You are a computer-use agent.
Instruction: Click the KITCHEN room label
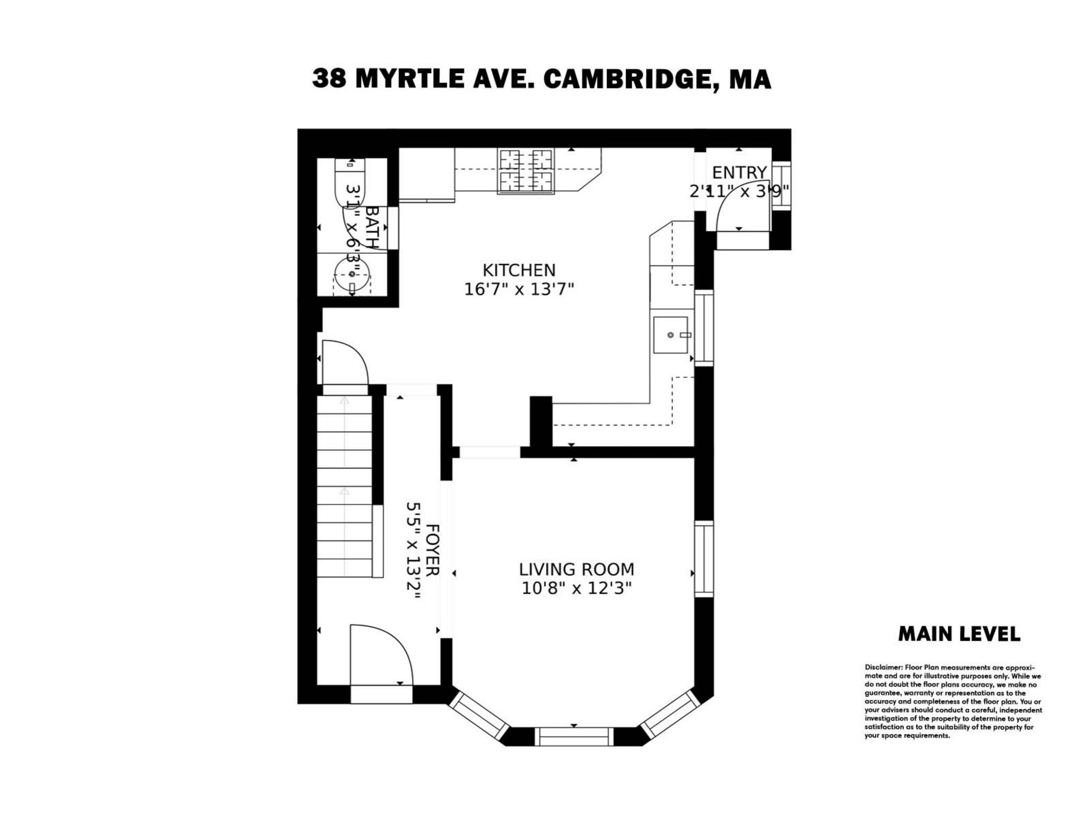(x=518, y=270)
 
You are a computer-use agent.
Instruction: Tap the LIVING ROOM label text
(x=576, y=569)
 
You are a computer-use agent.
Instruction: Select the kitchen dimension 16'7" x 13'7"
(x=518, y=289)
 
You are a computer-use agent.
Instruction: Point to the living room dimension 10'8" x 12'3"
(x=576, y=588)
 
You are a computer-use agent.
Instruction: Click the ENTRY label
(x=739, y=172)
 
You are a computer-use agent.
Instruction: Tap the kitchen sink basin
(x=670, y=335)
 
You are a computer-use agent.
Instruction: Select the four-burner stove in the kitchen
(x=526, y=171)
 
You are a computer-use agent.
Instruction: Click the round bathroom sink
(x=352, y=274)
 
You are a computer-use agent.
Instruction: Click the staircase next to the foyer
(x=344, y=486)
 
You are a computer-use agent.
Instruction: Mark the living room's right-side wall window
(x=704, y=559)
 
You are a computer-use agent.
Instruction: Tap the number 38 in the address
(x=329, y=79)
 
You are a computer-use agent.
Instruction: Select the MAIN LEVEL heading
(x=959, y=634)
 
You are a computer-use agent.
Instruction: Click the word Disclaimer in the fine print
(x=883, y=667)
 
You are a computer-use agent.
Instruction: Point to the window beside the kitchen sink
(x=704, y=327)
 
